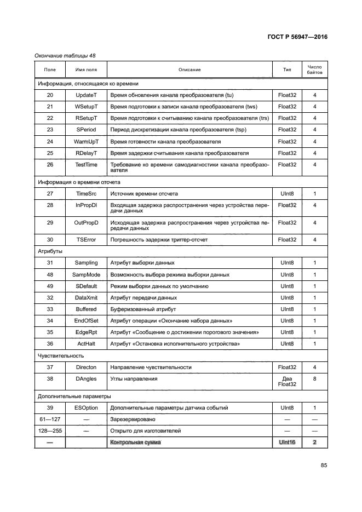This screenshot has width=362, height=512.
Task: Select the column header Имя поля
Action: pos(86,70)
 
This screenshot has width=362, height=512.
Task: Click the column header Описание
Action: pos(189,70)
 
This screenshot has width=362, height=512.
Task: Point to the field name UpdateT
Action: pos(86,95)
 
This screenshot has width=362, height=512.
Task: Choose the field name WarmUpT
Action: pos(86,141)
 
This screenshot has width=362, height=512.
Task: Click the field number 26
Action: pos(50,164)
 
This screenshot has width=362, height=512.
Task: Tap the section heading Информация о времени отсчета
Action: pos(78,182)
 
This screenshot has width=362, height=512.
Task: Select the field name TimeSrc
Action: pos(86,193)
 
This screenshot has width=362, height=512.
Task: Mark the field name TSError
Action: pos(86,239)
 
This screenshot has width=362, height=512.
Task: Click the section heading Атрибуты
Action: pos(50,251)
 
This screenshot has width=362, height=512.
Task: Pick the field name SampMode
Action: pos(86,274)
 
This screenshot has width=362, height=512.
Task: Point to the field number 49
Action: pos(50,286)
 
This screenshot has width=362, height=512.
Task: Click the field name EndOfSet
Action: pos(86,320)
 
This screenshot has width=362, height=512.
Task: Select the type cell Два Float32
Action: pos(287,382)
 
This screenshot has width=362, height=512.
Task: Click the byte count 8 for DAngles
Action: pos(315,378)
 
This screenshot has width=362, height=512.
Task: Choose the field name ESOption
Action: pos(86,407)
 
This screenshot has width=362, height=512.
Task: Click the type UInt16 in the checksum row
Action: pos(287,442)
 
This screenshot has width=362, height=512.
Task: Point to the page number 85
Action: pos(324,465)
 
